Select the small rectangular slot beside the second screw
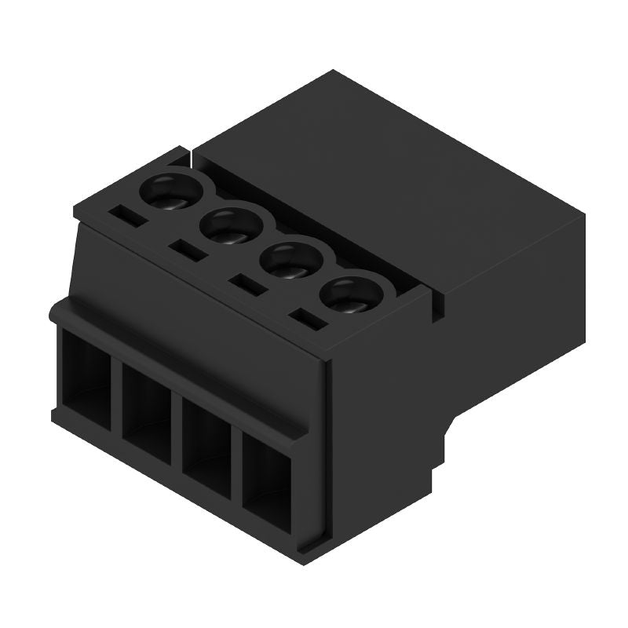tap(185, 250)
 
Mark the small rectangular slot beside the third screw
tap(245, 283)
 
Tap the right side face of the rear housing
tap(518, 330)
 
